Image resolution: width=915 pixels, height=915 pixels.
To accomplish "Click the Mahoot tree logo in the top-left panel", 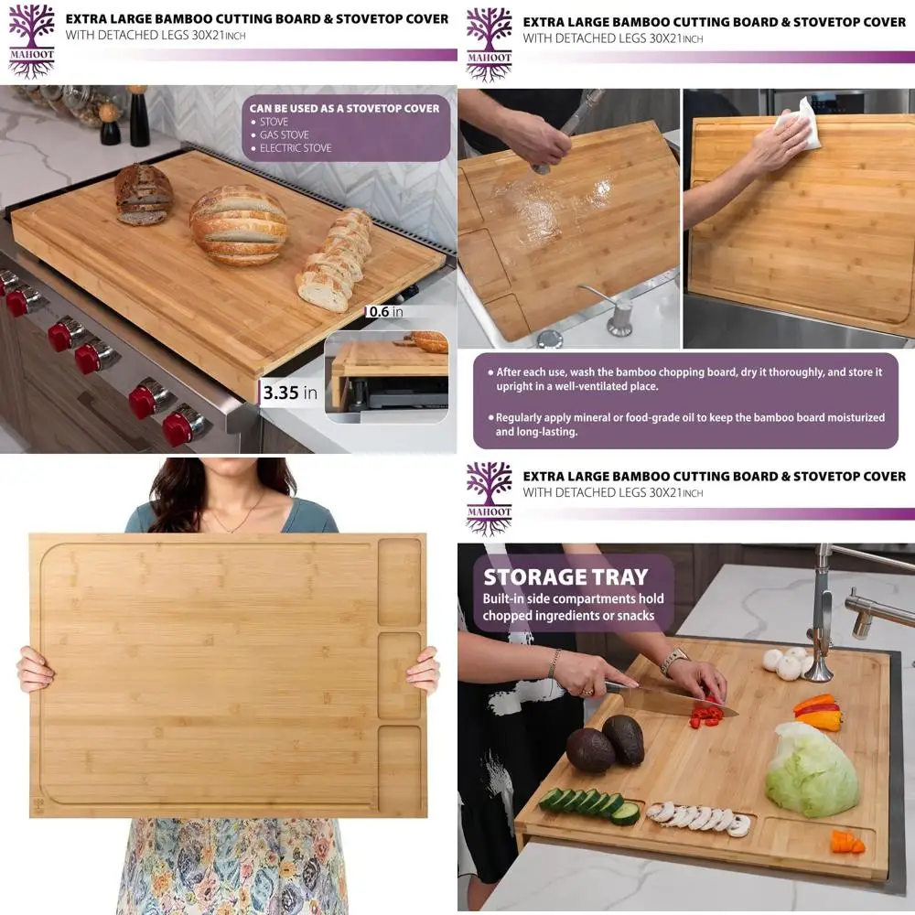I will click(x=32, y=40).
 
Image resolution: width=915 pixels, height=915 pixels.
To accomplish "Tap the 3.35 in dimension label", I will click(x=290, y=393).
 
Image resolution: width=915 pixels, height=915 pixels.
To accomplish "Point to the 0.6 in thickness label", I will click(x=385, y=311).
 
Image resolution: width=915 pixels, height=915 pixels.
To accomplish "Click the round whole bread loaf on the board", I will click(x=238, y=224).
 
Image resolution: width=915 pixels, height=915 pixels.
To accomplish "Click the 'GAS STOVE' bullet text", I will click(x=284, y=135).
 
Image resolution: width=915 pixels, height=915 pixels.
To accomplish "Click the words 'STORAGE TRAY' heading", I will click(x=565, y=577).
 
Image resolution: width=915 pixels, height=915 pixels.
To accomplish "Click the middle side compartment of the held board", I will click(x=400, y=674).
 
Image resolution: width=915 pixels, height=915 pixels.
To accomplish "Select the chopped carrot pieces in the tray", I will click(x=846, y=841).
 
